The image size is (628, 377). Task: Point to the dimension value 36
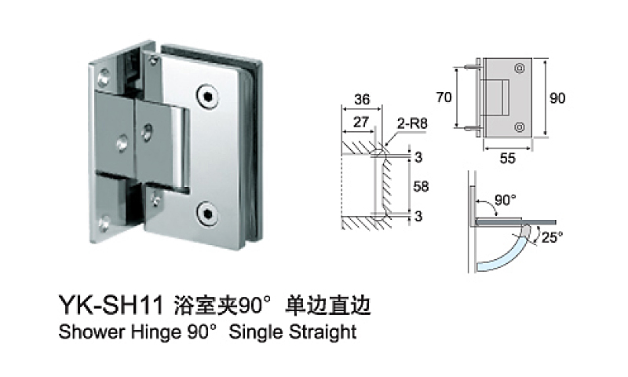tap(362, 100)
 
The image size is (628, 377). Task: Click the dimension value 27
tap(362, 122)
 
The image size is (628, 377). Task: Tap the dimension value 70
tap(444, 97)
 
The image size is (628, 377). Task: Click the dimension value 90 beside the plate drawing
tap(557, 98)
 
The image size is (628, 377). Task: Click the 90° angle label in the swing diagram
tap(506, 199)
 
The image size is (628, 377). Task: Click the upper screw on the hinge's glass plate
tap(207, 97)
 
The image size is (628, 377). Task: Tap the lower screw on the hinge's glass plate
tap(207, 210)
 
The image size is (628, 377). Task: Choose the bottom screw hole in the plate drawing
tap(519, 126)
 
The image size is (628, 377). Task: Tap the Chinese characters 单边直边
tap(329, 305)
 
